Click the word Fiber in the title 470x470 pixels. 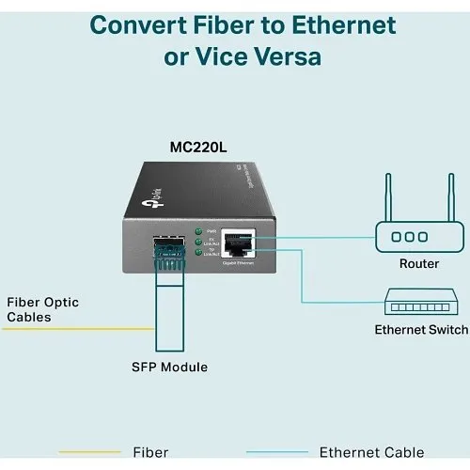[217, 24]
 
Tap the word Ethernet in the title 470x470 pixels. [337, 24]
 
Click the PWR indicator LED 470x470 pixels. [198, 230]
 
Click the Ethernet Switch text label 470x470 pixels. [421, 330]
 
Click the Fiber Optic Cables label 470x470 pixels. [42, 309]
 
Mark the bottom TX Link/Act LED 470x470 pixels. [198, 252]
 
